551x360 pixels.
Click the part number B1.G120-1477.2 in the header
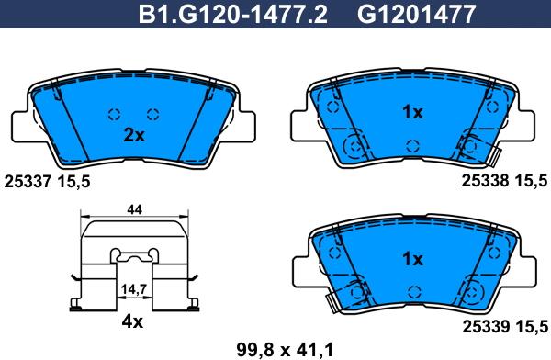click(233, 15)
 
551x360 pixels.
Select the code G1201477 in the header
click(416, 15)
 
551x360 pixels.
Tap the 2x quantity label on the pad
click(134, 135)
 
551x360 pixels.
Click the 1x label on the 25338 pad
click(412, 112)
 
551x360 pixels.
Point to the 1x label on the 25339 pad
click(412, 259)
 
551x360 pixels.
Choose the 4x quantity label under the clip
click(132, 321)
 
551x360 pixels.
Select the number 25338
click(485, 181)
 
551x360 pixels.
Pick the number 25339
click(486, 327)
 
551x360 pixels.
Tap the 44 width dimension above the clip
click(135, 210)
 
